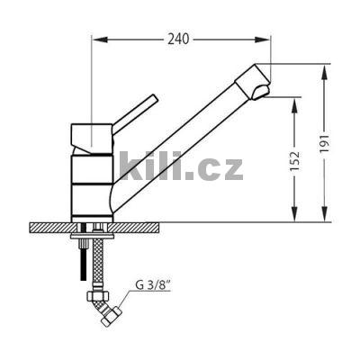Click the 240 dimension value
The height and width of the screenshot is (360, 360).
(x=178, y=39)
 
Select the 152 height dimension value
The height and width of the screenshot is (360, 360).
(x=295, y=161)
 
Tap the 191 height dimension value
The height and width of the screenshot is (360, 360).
(x=325, y=143)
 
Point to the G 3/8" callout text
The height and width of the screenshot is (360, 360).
(x=153, y=285)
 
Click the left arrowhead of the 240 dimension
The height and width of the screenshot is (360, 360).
(x=100, y=40)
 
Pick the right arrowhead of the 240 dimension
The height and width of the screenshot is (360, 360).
(x=263, y=40)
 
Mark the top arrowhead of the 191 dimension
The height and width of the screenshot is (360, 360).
(x=325, y=73)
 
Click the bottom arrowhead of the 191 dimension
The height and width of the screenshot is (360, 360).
(x=325, y=214)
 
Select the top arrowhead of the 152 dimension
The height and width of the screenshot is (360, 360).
(x=295, y=105)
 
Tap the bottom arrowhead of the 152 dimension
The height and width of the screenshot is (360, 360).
(x=295, y=214)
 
